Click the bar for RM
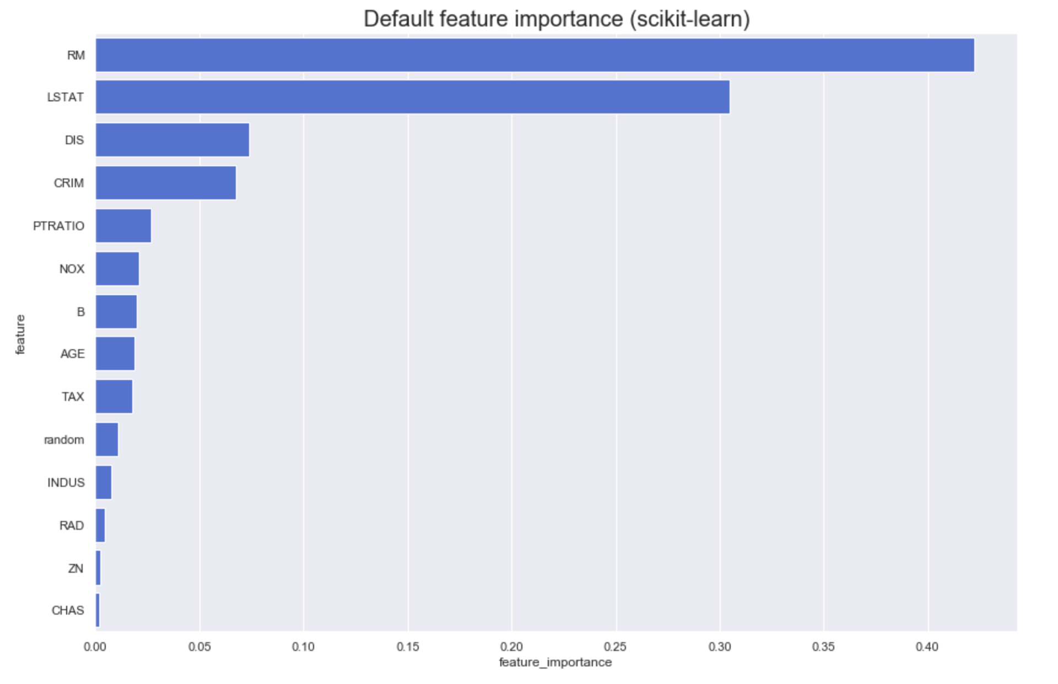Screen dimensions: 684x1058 tap(535, 55)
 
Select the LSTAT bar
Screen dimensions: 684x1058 tap(412, 97)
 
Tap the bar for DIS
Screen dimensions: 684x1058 tap(172, 140)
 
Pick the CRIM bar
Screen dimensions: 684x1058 tap(165, 183)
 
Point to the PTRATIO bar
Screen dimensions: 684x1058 tap(123, 226)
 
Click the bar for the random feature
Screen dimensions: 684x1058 tap(106, 439)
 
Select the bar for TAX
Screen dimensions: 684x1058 tap(114, 397)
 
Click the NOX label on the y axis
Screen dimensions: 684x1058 tap(72, 269)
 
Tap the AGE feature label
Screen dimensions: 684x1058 tap(72, 354)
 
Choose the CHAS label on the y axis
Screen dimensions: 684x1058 tap(68, 610)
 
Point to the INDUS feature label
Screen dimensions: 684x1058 tap(66, 482)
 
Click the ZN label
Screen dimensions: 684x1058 tap(75, 568)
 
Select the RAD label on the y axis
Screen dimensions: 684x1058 tap(72, 525)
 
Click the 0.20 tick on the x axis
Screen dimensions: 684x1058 tap(512, 647)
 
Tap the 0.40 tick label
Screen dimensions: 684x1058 tap(927, 647)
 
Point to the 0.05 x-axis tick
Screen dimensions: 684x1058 tap(199, 647)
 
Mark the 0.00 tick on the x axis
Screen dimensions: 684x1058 tap(95, 647)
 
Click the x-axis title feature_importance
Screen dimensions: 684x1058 tap(555, 662)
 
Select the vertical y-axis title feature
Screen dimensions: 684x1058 tap(20, 334)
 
